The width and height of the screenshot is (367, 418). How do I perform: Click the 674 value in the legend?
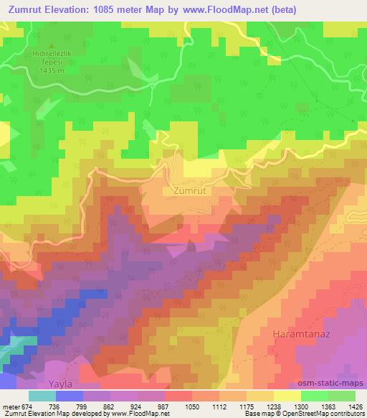tap(27, 406)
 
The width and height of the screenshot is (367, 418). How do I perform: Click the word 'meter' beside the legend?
tap(10, 406)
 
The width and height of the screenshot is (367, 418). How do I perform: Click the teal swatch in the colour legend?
tap(42, 396)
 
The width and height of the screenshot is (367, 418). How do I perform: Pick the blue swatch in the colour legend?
tap(70, 396)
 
